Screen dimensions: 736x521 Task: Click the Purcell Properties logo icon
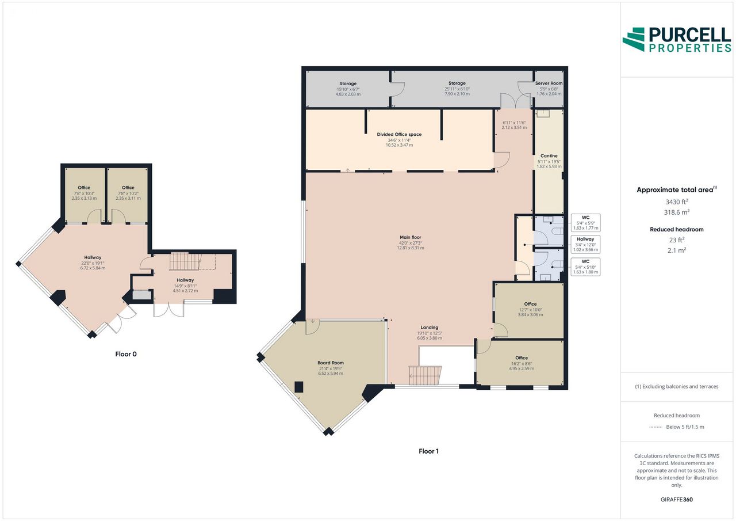[634, 40]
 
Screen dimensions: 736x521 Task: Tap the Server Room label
[549, 83]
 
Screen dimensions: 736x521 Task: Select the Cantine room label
[549, 155]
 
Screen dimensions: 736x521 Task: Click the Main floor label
[411, 237]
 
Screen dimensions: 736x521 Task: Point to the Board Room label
[331, 363]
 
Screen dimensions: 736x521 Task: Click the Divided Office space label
[399, 134]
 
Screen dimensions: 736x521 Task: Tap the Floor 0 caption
[126, 354]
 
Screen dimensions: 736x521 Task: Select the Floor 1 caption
[428, 451]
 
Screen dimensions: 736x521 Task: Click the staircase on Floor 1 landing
[425, 375]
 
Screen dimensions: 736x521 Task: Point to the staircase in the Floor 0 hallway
[185, 261]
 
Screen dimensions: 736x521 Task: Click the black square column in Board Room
[298, 387]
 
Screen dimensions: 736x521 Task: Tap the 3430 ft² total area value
[677, 202]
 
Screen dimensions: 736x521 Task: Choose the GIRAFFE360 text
[677, 499]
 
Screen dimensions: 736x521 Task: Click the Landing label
[430, 327]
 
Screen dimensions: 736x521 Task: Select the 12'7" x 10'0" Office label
[530, 304]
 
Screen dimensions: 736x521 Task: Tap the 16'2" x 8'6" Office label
[522, 358]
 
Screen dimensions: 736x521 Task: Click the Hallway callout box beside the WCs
[585, 245]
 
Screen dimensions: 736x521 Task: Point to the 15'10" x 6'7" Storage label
[348, 83]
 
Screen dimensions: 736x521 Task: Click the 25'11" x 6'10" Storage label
[457, 83]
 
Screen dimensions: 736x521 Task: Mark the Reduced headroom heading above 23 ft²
[677, 229]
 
